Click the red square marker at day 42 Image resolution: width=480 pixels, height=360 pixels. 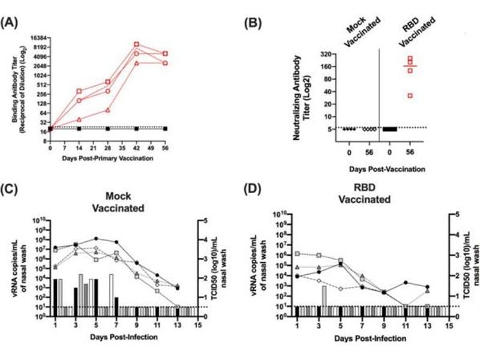tap(137, 44)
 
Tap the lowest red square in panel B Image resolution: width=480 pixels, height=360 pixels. tap(411, 95)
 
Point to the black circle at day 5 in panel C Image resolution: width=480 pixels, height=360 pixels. tap(94, 238)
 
